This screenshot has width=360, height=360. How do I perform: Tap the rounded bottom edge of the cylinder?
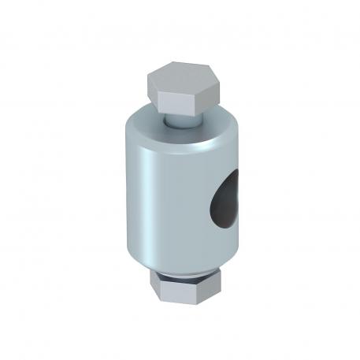pyautogui.click(x=181, y=264)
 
